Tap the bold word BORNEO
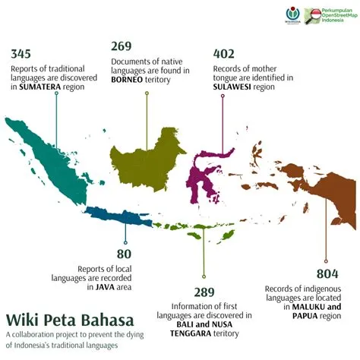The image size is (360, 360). [x=129, y=79]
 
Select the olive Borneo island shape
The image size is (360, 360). [x=148, y=156]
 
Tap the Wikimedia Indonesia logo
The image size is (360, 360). [x=292, y=15]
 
